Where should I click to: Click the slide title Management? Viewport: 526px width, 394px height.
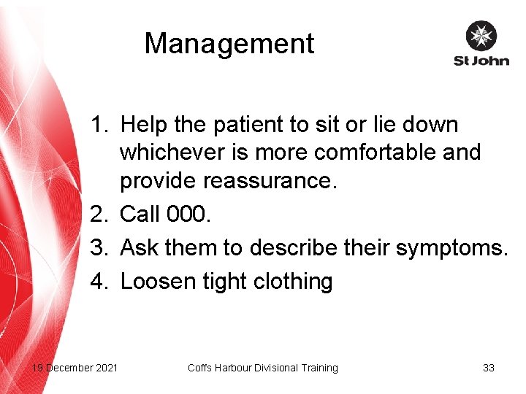point(229,44)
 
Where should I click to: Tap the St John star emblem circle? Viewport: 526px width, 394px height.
point(481,36)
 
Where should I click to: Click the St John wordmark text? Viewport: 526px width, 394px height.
point(481,61)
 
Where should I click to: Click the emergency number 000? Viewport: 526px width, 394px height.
point(191,215)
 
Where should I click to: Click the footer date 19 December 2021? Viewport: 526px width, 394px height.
point(74,368)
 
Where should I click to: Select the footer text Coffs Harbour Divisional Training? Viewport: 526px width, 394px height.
point(262,368)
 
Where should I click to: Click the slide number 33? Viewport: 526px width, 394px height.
point(489,368)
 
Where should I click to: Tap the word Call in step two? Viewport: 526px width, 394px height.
point(140,215)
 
